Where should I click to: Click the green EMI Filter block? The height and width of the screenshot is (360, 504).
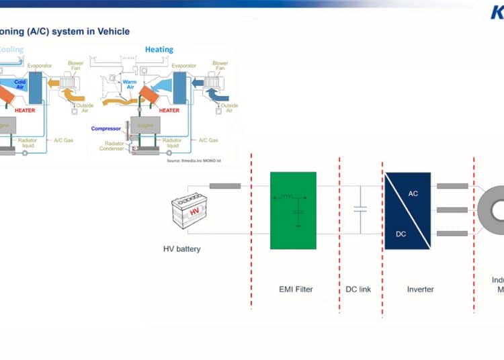click(x=293, y=210)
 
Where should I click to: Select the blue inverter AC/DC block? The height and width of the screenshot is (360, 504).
click(x=407, y=210)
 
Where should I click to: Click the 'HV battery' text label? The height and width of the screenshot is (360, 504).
click(x=182, y=249)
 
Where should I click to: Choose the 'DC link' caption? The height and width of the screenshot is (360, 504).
click(x=357, y=289)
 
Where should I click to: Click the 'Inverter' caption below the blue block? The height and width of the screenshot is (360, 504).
click(x=421, y=289)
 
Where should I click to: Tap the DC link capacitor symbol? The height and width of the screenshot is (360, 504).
click(x=360, y=210)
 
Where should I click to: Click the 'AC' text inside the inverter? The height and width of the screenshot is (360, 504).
click(x=413, y=193)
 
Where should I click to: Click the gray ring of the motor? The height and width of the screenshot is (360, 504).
click(x=489, y=210)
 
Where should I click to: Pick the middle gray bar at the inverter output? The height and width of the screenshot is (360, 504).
click(x=452, y=210)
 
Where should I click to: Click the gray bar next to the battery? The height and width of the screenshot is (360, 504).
click(x=225, y=185)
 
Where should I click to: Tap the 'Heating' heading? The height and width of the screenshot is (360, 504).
click(x=159, y=50)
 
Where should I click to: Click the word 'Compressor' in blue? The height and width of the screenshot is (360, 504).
click(x=106, y=128)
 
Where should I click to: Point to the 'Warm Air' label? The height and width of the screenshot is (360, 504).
click(x=130, y=85)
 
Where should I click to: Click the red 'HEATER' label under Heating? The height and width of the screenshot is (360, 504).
click(x=169, y=110)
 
